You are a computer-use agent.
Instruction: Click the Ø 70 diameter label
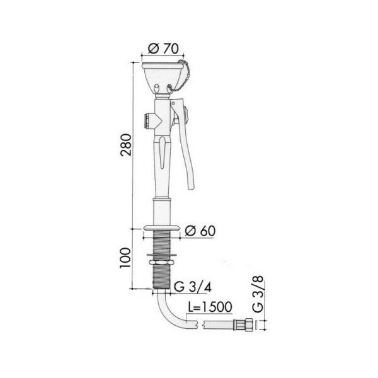[x=163, y=49]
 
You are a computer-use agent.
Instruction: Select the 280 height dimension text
[x=126, y=145]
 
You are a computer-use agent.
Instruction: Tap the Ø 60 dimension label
[x=200, y=231]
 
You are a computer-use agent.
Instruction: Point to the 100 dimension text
[x=125, y=257]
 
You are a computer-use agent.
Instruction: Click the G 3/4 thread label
[x=193, y=287]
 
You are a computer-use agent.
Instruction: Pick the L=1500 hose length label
[x=210, y=307]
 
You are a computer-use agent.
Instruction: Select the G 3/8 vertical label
[x=258, y=294]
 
